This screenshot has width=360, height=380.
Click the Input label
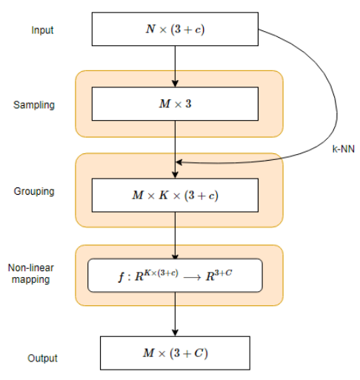42,30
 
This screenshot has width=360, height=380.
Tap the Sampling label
34,105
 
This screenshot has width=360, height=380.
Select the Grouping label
34,191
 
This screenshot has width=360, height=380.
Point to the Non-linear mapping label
31,273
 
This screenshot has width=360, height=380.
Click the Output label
42,359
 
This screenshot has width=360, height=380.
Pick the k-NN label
344,149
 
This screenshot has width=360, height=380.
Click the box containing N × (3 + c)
175,29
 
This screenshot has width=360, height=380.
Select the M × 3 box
175,104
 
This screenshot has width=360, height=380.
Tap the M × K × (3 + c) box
175,196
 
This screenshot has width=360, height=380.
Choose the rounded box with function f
175,276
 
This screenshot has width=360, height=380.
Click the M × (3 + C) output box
175,353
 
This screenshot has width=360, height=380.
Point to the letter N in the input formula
150,29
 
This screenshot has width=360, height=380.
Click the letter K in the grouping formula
164,195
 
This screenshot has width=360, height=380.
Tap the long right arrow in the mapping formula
193,278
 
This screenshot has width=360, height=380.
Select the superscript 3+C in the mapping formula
223,273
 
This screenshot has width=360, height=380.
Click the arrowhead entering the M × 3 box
175,84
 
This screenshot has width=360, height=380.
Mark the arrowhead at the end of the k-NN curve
179,162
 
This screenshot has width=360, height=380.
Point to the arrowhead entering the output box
175,333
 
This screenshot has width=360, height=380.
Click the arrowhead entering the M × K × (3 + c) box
175,175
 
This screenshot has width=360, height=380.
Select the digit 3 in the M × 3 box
188,104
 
